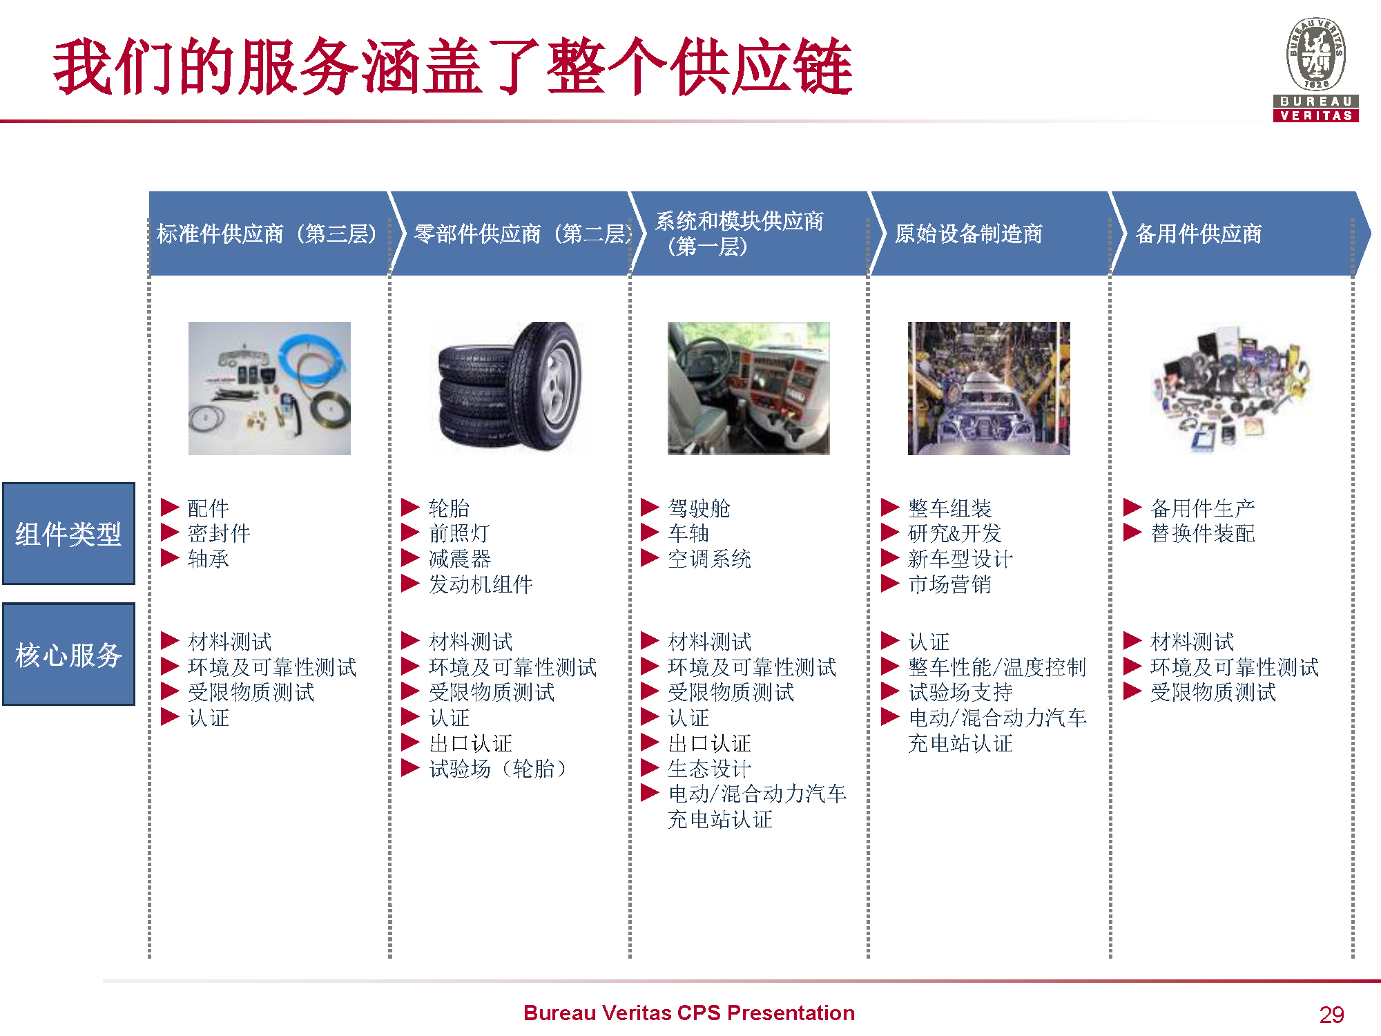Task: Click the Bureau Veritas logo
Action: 1315,69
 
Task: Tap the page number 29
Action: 1331,1014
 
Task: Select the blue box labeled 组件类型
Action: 68,533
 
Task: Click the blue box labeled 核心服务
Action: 68,654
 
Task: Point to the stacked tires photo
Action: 510,387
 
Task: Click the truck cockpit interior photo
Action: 749,387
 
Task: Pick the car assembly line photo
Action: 989,387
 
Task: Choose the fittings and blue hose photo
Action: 269,387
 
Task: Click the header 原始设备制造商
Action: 969,233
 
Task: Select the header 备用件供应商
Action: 1199,233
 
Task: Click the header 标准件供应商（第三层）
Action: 267,233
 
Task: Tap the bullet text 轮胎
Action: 449,508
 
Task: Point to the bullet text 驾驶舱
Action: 699,508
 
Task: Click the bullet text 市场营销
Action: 950,584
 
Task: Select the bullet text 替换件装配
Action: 1203,533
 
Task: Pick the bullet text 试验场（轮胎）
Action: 498,769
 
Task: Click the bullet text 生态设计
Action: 710,769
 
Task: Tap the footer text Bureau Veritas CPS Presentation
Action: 689,1013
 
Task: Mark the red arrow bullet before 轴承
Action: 170,558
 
